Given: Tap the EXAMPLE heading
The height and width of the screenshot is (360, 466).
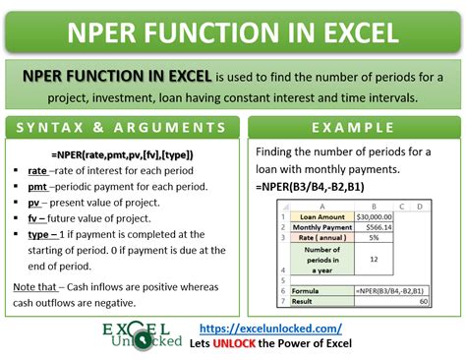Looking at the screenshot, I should pos(351,128).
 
